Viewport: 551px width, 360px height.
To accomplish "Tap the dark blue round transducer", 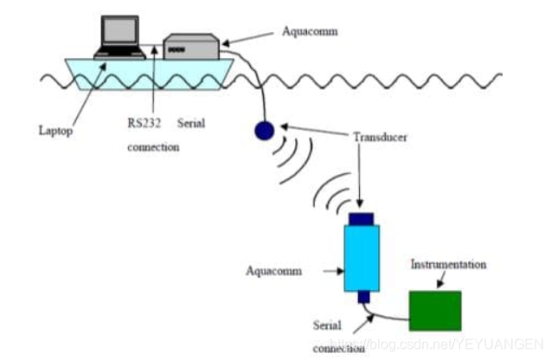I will click(x=263, y=131).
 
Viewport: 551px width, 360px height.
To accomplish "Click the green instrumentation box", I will click(x=434, y=310).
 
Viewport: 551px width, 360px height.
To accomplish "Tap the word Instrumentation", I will click(x=448, y=264).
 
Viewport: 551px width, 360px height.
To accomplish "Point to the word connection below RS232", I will click(x=153, y=147).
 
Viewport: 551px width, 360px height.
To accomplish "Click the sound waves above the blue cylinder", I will click(x=334, y=192).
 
